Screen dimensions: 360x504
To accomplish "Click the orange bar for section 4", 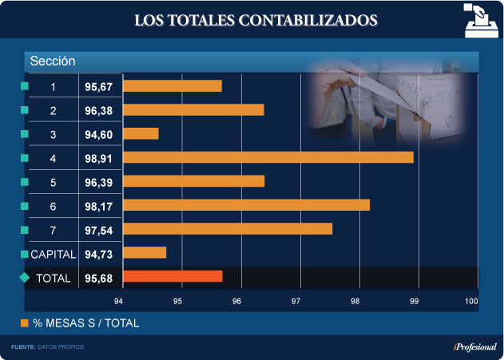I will pyautogui.click(x=268, y=157).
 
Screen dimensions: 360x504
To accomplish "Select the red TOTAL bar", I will pyautogui.click(x=173, y=277).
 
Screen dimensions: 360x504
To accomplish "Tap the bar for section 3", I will pyautogui.click(x=141, y=133).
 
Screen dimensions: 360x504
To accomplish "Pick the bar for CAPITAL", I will pyautogui.click(x=145, y=253).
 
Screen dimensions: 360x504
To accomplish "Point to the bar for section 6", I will pyautogui.click(x=246, y=205).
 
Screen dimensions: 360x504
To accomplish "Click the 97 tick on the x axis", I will pyautogui.click(x=296, y=301).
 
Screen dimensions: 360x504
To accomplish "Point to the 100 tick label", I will pyautogui.click(x=471, y=301).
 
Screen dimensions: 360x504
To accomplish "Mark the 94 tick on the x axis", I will pyautogui.click(x=118, y=301).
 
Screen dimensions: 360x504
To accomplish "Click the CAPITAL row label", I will pyautogui.click(x=53, y=254).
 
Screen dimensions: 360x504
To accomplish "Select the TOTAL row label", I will pyautogui.click(x=53, y=278).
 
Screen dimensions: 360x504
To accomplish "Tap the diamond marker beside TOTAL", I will pyautogui.click(x=24, y=278).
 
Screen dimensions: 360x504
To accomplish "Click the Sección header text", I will pyautogui.click(x=53, y=61).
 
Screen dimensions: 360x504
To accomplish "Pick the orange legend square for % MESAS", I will pyautogui.click(x=24, y=323).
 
